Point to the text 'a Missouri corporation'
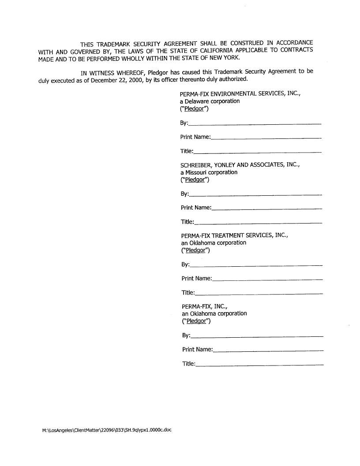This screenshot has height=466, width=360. [209, 172]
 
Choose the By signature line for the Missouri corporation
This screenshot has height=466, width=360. [255, 194]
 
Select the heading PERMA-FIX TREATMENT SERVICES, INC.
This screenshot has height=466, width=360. [235, 235]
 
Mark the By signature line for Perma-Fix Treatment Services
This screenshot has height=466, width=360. [256, 265]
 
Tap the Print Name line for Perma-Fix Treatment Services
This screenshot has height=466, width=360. [267, 279]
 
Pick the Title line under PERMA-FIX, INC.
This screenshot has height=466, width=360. [259, 364]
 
